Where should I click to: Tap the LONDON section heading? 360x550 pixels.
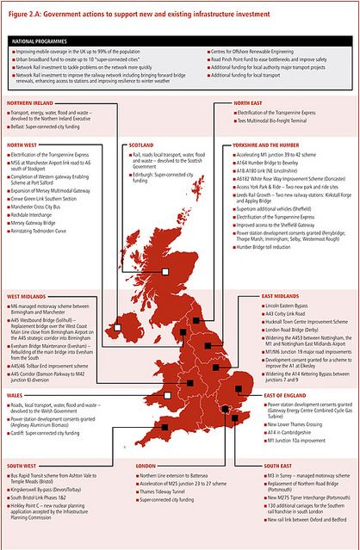pos(146,466)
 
